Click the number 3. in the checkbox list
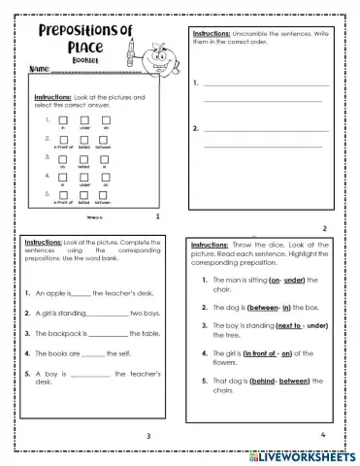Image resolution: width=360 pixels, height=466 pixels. [x=47, y=156]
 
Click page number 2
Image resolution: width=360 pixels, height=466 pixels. [x=325, y=229]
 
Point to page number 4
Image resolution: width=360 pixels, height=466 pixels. [x=322, y=434]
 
